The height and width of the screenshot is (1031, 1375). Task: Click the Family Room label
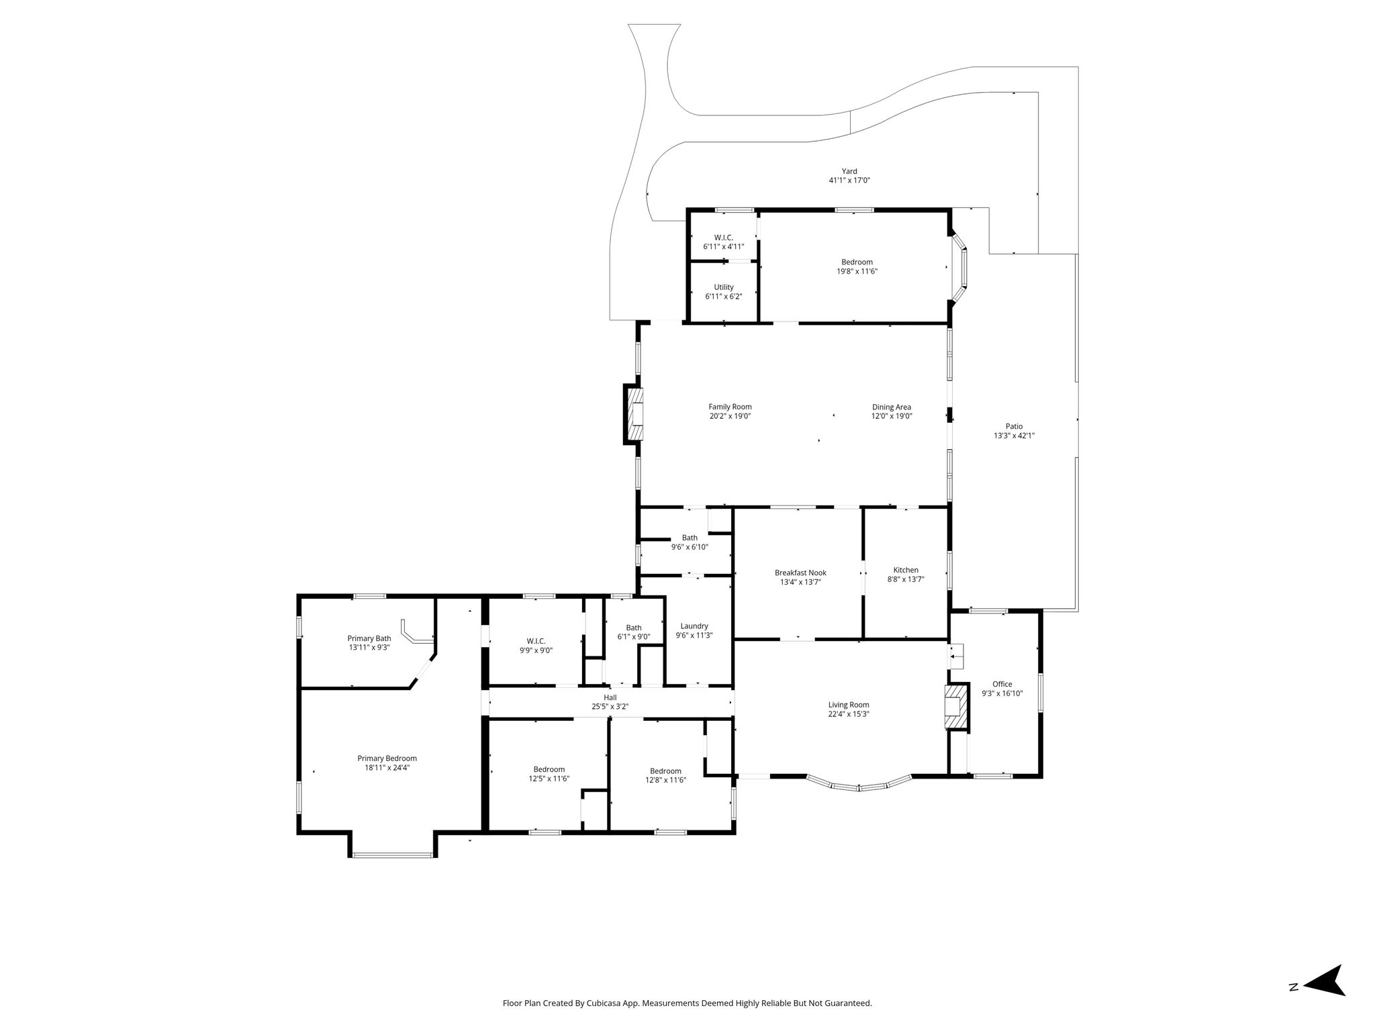730,407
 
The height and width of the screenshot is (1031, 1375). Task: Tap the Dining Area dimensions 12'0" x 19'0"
892,416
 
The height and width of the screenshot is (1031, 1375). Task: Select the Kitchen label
906,571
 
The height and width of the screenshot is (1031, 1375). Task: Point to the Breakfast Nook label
800,573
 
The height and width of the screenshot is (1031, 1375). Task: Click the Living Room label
849,705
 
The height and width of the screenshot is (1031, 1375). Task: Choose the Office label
1002,685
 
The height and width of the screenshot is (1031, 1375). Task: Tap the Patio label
1014,426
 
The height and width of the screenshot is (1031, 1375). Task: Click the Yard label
849,171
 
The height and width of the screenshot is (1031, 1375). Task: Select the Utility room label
724,287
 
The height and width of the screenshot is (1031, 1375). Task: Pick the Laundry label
694,626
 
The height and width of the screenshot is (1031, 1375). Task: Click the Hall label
610,697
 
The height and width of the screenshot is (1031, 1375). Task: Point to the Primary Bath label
369,638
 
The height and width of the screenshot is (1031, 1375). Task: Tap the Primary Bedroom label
387,758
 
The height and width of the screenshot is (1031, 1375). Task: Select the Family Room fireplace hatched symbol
634,415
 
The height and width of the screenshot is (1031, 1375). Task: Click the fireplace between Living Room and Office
957,706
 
